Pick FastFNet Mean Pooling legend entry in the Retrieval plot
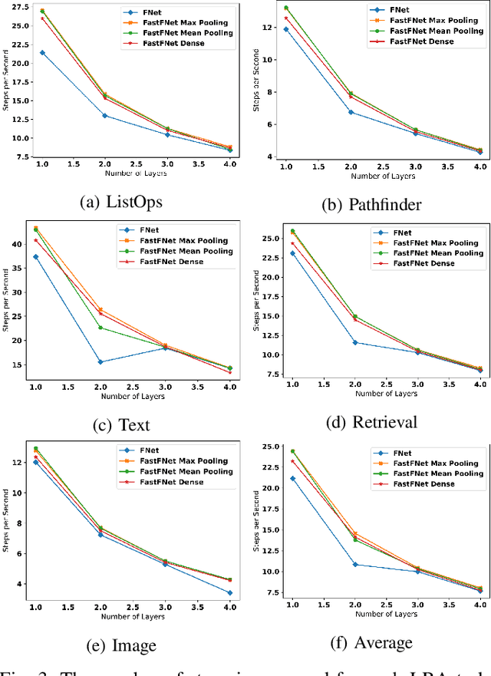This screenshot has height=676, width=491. (434, 252)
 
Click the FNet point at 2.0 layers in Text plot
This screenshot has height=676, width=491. (101, 362)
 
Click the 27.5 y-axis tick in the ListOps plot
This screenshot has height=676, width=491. (18, 6)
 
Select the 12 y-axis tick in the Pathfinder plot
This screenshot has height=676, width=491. (268, 28)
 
